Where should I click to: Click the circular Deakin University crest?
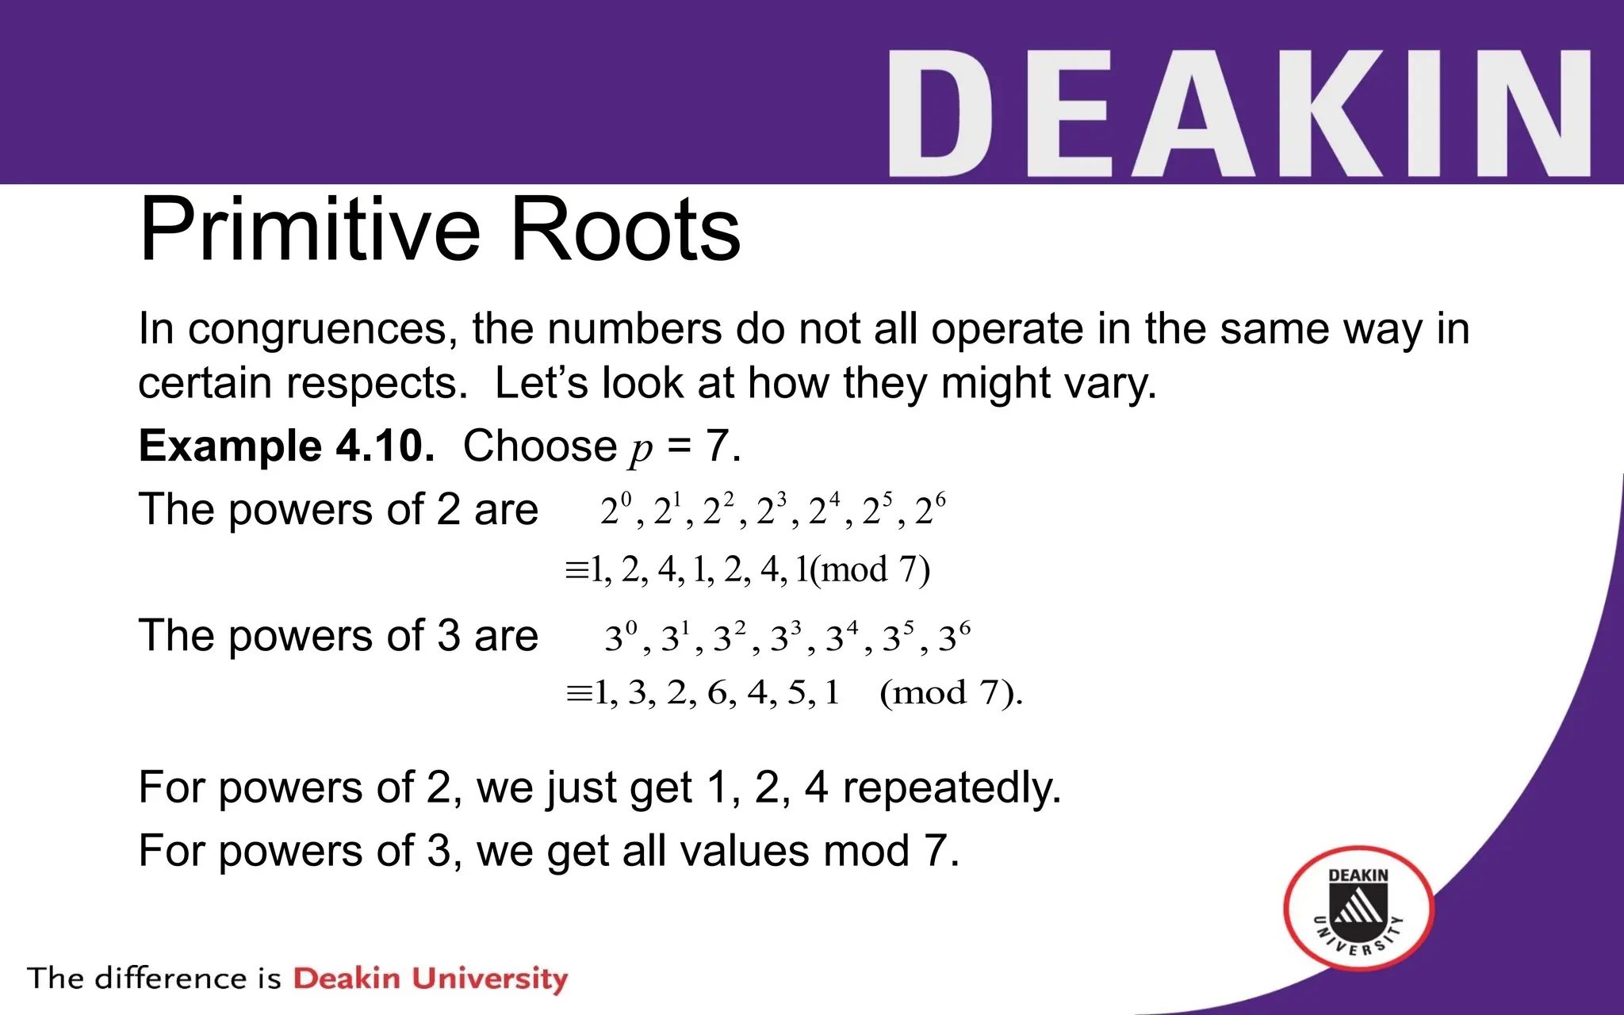1358,909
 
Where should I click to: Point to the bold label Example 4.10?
286,446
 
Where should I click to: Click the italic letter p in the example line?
641,449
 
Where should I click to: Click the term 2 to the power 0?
615,510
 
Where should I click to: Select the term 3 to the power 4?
841,637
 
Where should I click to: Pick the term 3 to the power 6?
954,637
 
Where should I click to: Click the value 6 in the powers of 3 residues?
717,693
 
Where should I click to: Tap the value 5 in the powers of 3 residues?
796,693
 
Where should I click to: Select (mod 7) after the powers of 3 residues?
949,693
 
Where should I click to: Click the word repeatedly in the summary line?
951,788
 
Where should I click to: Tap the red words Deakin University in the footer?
431,979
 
